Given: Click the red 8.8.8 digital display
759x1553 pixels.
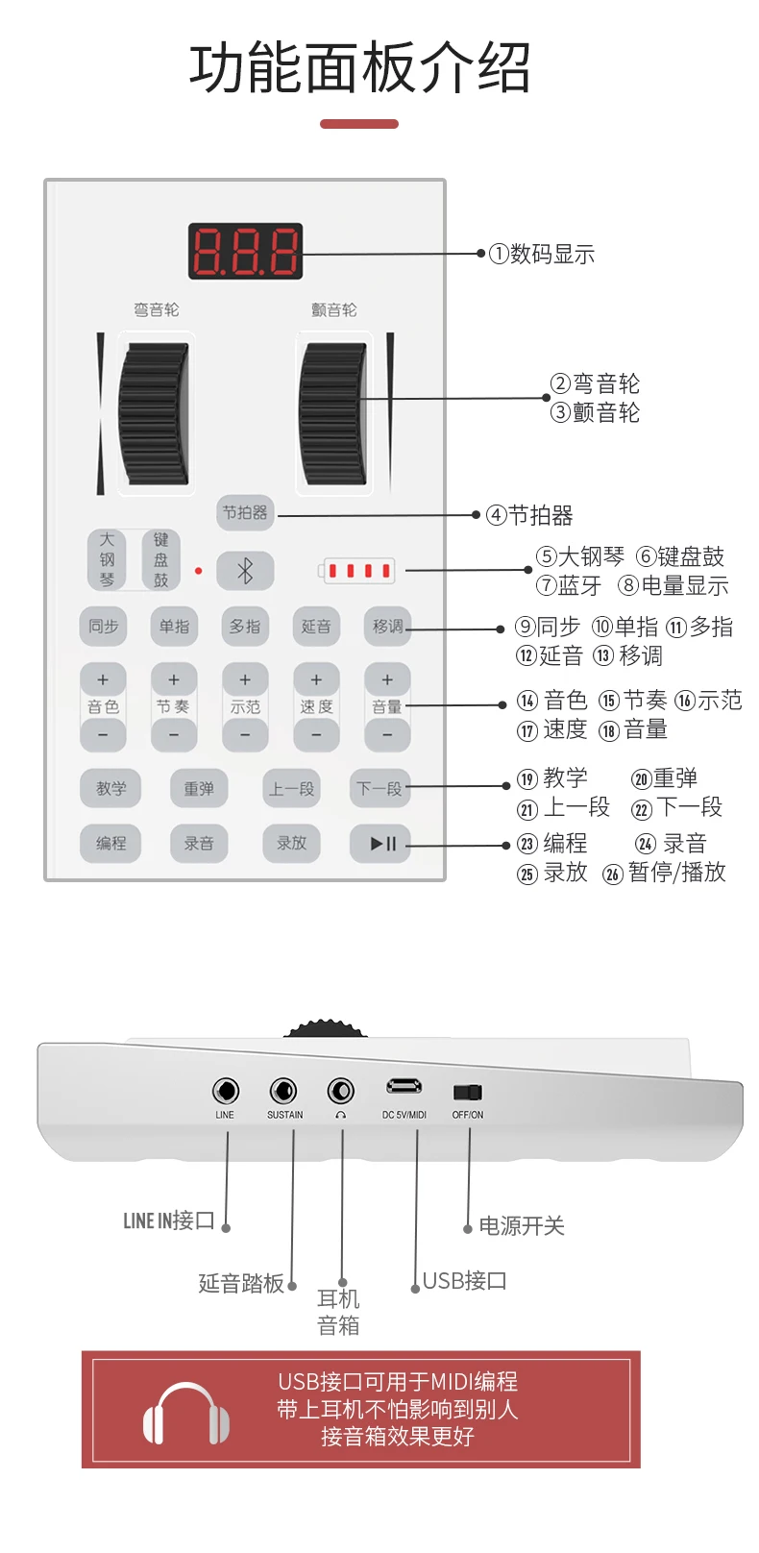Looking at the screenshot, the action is (x=245, y=251).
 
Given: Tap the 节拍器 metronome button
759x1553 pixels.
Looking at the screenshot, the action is (x=245, y=513).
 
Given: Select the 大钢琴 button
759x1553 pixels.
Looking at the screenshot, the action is (x=107, y=560).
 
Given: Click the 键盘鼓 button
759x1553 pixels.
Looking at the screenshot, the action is (x=160, y=560).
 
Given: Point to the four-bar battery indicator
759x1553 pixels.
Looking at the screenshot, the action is (x=357, y=571).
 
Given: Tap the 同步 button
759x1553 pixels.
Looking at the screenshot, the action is (x=103, y=627).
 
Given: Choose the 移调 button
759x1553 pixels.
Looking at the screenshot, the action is (x=387, y=627).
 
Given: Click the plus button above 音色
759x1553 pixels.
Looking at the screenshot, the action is (x=103, y=680).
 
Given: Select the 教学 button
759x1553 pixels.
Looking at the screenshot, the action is (x=110, y=788).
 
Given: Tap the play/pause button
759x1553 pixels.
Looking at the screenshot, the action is (x=380, y=844).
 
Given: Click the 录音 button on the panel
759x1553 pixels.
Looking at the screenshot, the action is (x=199, y=844).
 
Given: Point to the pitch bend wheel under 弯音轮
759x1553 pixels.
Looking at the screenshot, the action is (x=155, y=414).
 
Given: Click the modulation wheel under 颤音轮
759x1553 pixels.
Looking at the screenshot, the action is (x=332, y=414).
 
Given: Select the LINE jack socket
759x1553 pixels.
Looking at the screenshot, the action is (x=225, y=1092).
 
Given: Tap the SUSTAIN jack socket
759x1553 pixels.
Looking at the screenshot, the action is (x=282, y=1092).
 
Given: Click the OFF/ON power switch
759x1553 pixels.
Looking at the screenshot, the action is (x=468, y=1093).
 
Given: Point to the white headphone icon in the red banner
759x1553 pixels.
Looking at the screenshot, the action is (x=185, y=1413).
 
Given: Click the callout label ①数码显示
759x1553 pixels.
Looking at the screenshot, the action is (x=541, y=255).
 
